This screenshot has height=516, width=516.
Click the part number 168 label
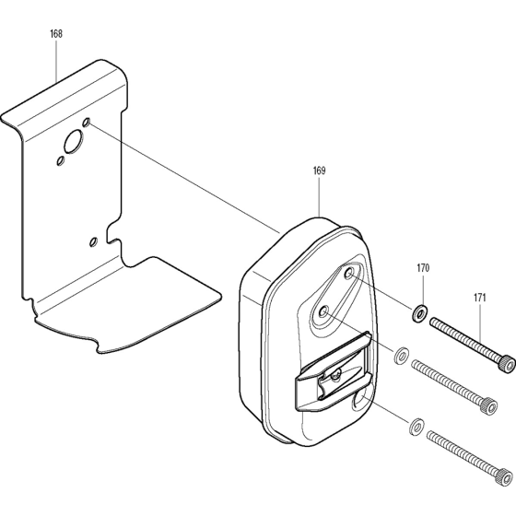(x=56, y=34)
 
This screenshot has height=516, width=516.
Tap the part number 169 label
(x=319, y=171)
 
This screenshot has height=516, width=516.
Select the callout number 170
(x=423, y=269)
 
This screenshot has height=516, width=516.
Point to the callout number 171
(x=480, y=298)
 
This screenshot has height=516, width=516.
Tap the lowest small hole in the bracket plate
(x=91, y=241)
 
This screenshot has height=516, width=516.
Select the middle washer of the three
(x=402, y=356)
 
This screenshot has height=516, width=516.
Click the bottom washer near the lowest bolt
(x=415, y=425)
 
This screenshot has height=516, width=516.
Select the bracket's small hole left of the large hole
(x=59, y=160)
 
